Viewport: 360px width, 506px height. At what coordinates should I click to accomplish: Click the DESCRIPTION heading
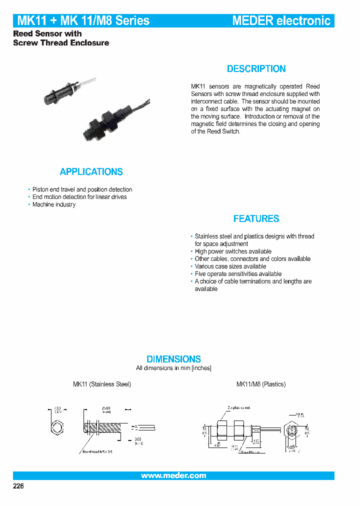256,69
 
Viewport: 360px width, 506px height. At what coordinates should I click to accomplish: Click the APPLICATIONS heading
91,172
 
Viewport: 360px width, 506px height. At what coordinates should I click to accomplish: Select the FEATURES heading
256,218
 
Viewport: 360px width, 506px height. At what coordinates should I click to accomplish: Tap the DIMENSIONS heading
173,359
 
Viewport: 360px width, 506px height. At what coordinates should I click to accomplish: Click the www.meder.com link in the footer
173,475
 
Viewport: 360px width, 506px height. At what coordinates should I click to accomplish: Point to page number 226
18,486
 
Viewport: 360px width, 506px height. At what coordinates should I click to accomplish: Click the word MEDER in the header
252,20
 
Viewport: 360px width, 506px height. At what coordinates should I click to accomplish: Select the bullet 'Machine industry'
54,204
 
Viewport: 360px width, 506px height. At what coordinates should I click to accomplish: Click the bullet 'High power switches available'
233,251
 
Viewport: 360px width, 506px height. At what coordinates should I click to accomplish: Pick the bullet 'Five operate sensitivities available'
238,274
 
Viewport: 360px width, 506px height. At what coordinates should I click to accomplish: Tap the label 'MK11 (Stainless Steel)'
102,384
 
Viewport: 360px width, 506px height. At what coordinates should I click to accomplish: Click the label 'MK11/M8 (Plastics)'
260,384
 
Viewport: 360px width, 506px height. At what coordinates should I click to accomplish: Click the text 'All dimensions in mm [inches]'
173,368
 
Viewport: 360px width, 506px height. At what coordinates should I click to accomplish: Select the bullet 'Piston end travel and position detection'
82,189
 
